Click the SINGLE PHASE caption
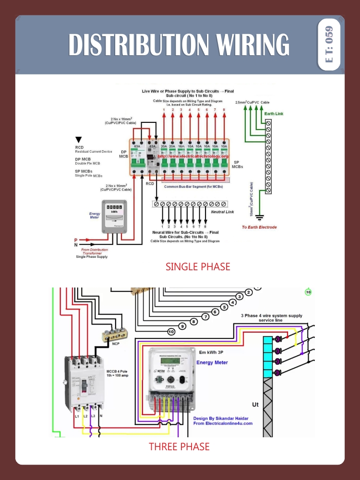tap(198, 266)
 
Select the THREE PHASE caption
tap(179, 446)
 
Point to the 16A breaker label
tap(181, 145)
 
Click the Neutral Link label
tap(223, 212)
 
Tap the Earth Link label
tap(274, 114)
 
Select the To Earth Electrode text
tap(259, 227)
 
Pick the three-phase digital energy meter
tap(172, 377)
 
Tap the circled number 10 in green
tap(308, 292)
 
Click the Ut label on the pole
tap(255, 405)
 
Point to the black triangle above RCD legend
tap(79, 140)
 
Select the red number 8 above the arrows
tap(224, 110)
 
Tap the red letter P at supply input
tap(75, 240)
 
